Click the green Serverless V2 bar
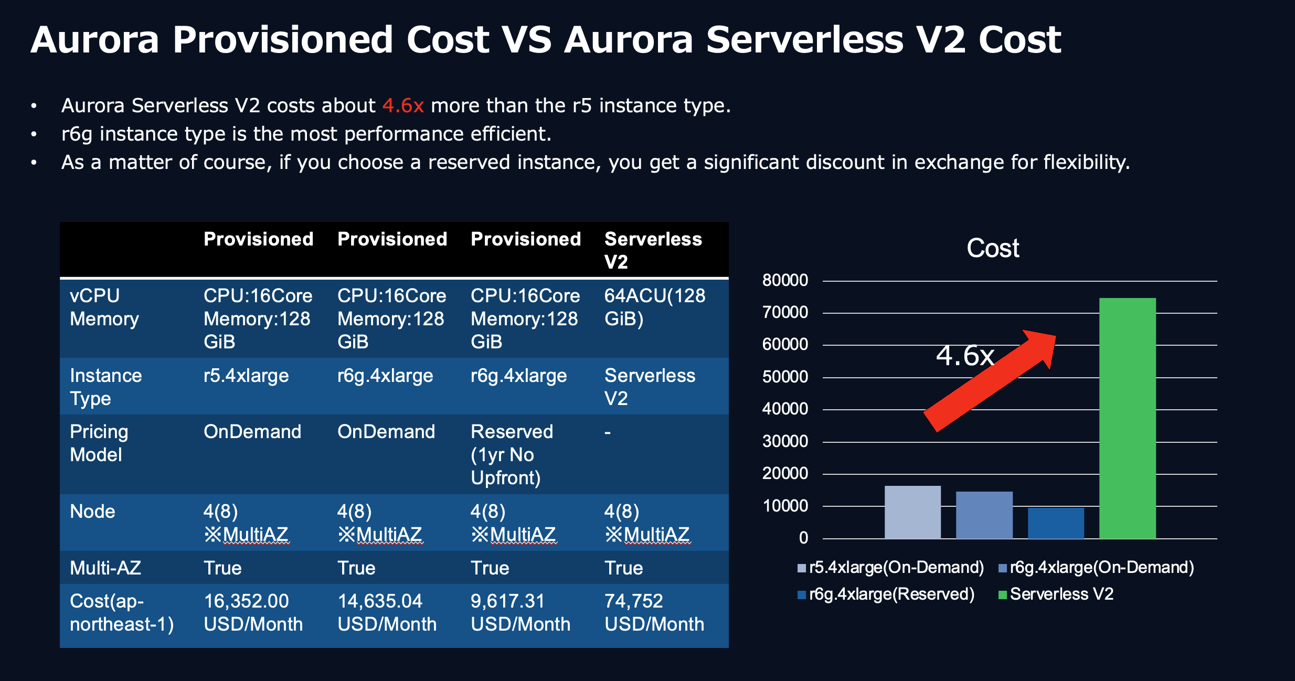coord(1127,418)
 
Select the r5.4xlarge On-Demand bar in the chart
coord(912,512)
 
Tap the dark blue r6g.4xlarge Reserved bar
coord(1056,523)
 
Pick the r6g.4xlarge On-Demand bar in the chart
coord(984,515)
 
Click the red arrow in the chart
coord(990,381)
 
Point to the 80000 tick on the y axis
coord(785,280)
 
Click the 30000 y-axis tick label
coord(785,441)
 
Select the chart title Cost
coord(993,248)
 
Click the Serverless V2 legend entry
coord(1056,594)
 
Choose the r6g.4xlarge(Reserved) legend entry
coord(886,594)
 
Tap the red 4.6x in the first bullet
coord(402,105)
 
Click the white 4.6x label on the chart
coord(965,356)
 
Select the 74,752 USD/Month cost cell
coord(654,612)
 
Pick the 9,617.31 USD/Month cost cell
coord(521,612)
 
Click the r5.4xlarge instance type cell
coord(246,376)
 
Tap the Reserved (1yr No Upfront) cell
coord(512,454)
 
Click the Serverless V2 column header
coord(653,250)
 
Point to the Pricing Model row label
coord(99,443)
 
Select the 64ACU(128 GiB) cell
coord(655,307)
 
